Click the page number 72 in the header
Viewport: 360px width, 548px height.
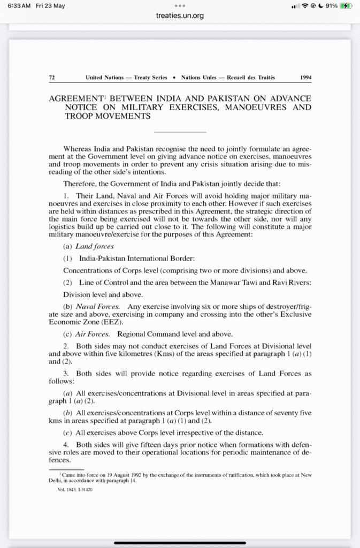pyautogui.click(x=52, y=78)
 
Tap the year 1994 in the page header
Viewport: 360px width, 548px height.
pyautogui.click(x=305, y=78)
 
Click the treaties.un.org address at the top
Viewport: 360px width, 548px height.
pyautogui.click(x=180, y=16)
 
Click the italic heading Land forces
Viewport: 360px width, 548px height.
pyautogui.click(x=95, y=246)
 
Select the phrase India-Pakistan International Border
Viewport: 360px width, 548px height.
pyautogui.click(x=141, y=258)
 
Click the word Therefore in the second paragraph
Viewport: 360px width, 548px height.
pyautogui.click(x=80, y=184)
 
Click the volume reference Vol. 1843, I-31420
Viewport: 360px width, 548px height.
pyautogui.click(x=75, y=489)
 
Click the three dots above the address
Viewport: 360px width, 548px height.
pyautogui.click(x=180, y=5)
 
